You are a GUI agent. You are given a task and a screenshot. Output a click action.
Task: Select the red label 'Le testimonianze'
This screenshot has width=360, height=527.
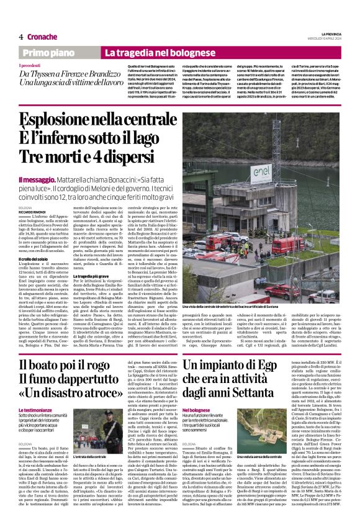(x=40, y=411)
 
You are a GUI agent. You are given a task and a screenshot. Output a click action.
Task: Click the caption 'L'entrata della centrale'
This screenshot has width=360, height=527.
(x=91, y=456)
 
